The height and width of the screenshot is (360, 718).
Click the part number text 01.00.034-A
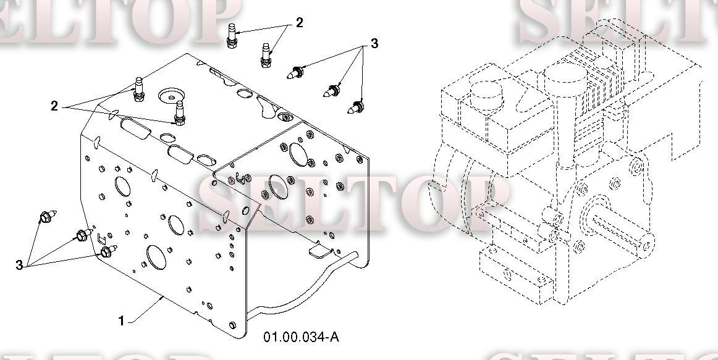[x=302, y=337]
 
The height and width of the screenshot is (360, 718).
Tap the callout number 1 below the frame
[x=121, y=321]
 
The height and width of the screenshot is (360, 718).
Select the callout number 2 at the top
[x=300, y=23]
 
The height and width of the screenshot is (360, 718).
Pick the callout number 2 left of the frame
[x=54, y=107]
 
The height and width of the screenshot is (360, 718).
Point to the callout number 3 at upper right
[x=374, y=43]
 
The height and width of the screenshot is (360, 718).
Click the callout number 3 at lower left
[x=19, y=266]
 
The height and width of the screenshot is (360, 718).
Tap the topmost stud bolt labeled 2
[x=232, y=36]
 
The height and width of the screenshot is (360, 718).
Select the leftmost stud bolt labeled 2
[x=139, y=90]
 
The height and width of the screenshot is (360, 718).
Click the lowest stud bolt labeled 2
[x=179, y=114]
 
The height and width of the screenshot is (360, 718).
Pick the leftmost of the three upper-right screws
[x=295, y=73]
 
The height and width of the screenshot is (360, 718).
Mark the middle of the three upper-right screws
[x=332, y=91]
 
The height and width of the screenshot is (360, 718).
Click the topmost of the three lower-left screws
[x=48, y=216]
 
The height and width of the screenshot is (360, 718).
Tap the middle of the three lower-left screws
[x=84, y=235]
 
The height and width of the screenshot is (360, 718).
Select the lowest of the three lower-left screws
[x=109, y=251]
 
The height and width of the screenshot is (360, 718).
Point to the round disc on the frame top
[x=171, y=96]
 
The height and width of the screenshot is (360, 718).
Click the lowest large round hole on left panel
[x=156, y=257]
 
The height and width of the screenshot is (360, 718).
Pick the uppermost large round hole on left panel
[x=122, y=186]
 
